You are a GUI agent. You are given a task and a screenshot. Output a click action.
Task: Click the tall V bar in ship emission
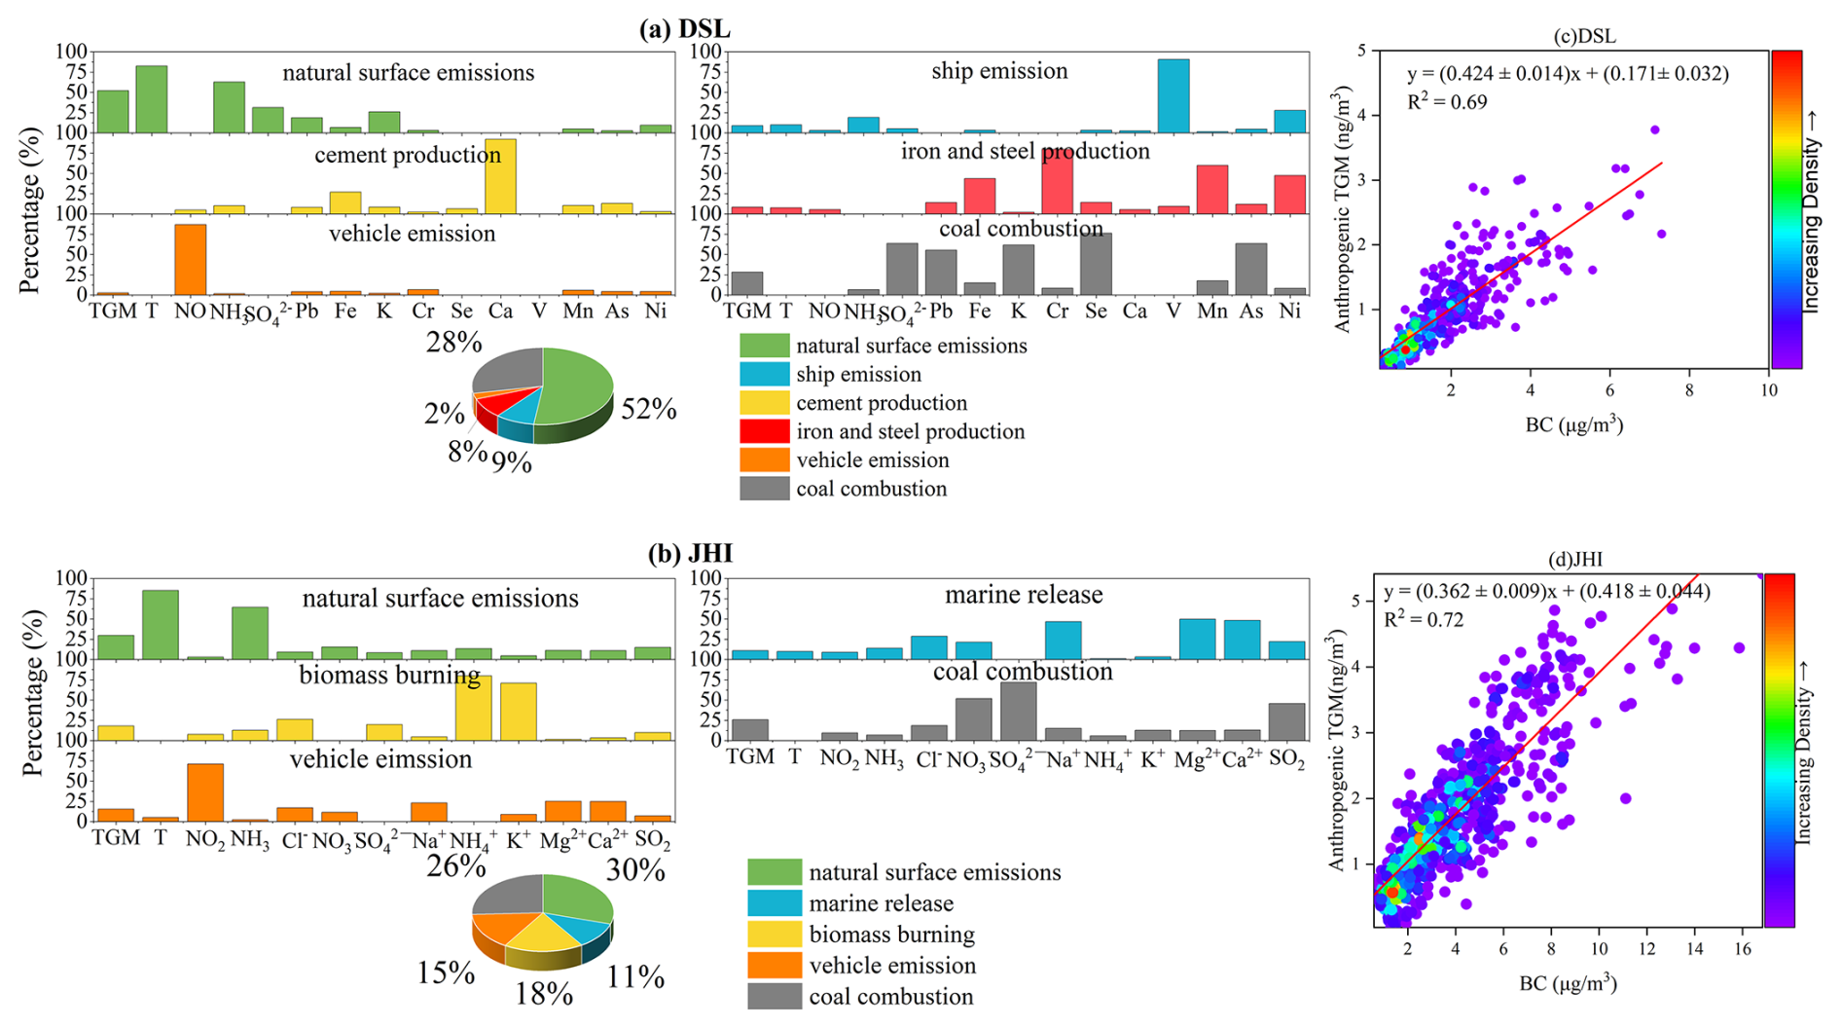1173,95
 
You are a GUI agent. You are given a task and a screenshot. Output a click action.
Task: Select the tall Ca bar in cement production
500,176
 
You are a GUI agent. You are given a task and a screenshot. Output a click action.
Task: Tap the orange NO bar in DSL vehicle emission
190,259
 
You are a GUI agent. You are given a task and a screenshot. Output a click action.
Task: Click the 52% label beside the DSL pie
649,410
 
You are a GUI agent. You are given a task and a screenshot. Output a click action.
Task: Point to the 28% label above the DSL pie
453,343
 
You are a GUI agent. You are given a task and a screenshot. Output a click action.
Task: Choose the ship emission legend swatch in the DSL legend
764,375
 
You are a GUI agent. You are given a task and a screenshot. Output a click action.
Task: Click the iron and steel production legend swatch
764,431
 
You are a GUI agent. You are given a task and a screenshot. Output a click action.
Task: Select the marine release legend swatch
774,903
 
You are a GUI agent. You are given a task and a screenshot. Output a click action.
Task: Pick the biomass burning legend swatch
774,935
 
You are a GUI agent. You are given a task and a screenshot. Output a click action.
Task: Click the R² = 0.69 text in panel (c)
1447,102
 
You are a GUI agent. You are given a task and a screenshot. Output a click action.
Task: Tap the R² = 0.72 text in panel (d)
1424,620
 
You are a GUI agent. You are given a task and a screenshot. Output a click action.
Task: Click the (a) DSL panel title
684,29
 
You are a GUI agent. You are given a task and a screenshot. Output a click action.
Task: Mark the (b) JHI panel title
690,554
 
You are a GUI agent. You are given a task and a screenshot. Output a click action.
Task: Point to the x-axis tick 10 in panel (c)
1768,390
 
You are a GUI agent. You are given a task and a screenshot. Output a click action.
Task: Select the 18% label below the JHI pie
544,994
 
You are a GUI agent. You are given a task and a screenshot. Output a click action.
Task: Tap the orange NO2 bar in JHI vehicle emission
205,792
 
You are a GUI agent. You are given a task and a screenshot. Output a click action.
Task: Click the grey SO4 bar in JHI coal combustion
1018,712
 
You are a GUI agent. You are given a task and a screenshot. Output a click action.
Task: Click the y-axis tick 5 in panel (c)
1362,51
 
